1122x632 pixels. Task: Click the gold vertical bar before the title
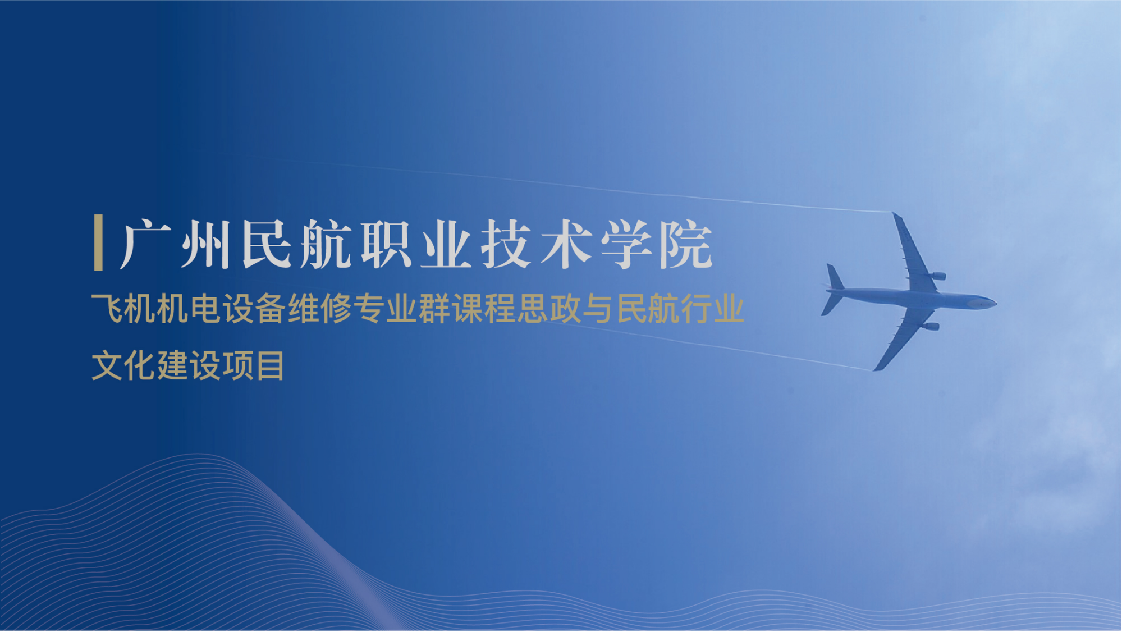pos(98,242)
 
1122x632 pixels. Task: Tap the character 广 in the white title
pos(145,244)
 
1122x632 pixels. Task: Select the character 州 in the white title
pos(205,244)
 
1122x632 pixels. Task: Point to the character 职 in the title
pos(387,244)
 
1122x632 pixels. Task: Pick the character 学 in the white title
pos(626,244)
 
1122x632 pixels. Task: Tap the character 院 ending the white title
pos(686,244)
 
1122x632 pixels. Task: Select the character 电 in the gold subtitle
pos(206,308)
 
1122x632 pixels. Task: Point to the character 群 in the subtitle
pos(434,308)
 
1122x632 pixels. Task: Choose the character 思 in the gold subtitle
pos(532,308)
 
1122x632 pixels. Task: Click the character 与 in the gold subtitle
pos(597,308)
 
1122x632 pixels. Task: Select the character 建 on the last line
pos(173,365)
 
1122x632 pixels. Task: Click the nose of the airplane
pos(995,304)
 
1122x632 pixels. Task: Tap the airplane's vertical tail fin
pos(835,277)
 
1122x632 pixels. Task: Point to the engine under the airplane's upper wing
pos(937,276)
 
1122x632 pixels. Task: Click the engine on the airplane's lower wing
pos(930,326)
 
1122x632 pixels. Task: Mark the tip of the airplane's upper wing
pos(894,214)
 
